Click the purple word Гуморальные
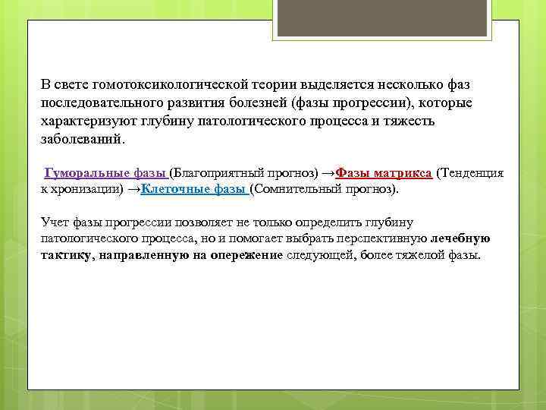click(86, 173)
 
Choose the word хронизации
click(87, 188)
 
